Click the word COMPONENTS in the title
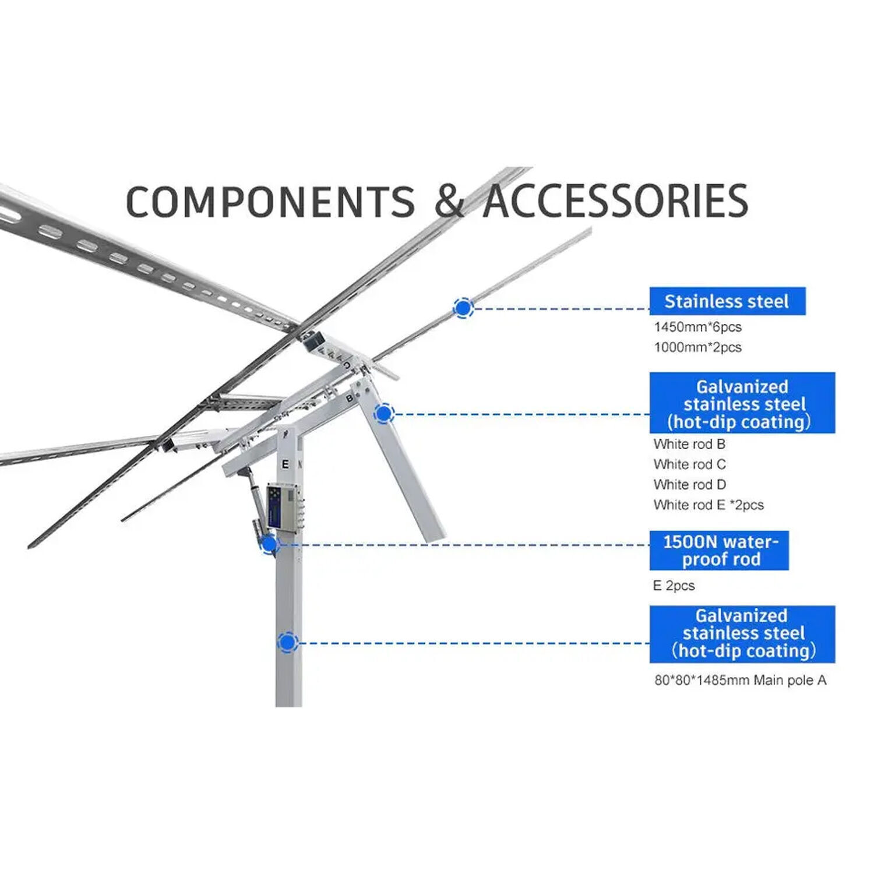pyautogui.click(x=270, y=202)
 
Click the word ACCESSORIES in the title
pyautogui.click(x=615, y=202)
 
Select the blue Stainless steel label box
pyautogui.click(x=727, y=301)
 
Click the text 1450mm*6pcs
pyautogui.click(x=697, y=327)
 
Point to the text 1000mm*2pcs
pyautogui.click(x=697, y=347)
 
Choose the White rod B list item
pyautogui.click(x=689, y=444)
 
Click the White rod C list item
pyautogui.click(x=689, y=464)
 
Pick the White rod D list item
pyautogui.click(x=689, y=485)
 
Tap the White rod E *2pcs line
pyautogui.click(x=708, y=505)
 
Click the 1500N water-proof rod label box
pyautogui.click(x=719, y=550)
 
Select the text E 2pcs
pyautogui.click(x=674, y=586)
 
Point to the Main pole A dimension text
pyautogui.click(x=740, y=680)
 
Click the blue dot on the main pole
pyautogui.click(x=287, y=643)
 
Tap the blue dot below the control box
pyautogui.click(x=269, y=545)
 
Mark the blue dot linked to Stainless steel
pyautogui.click(x=463, y=308)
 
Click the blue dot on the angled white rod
pyautogui.click(x=383, y=414)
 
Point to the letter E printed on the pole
pyautogui.click(x=285, y=464)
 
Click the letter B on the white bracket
pyautogui.click(x=349, y=399)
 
